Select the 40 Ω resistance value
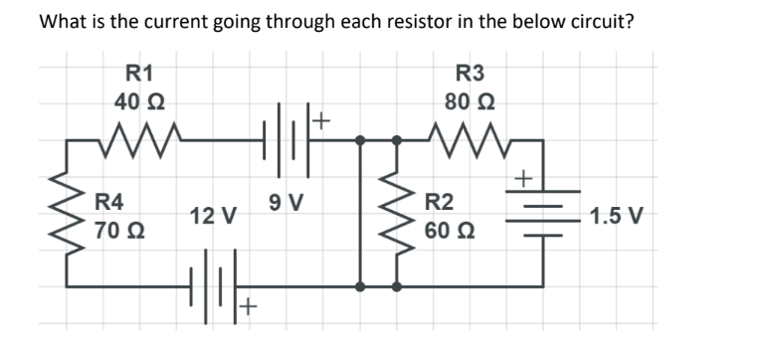point(139,101)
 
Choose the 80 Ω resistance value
point(469,101)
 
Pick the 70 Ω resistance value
point(119,232)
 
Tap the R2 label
point(439,203)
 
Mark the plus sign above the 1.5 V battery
point(523,180)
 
